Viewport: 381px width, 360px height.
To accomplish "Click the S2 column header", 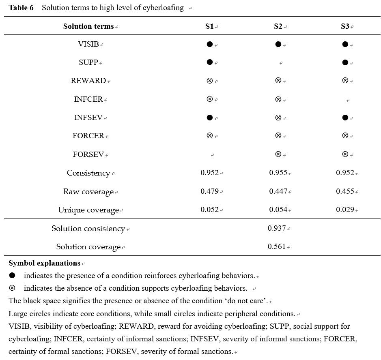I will tap(278, 26).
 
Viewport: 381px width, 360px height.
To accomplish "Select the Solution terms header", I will tap(88, 26).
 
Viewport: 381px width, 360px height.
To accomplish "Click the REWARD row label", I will tap(88, 80).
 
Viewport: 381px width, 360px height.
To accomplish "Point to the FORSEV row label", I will tap(88, 154).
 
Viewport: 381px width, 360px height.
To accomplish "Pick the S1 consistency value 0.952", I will tap(209, 173).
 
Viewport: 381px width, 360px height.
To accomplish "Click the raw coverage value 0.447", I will tap(278, 191).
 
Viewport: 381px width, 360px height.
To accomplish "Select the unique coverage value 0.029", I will tap(345, 210).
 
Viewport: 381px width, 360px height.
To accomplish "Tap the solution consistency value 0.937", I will tap(277, 228).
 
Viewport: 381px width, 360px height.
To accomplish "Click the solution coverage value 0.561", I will tap(277, 246).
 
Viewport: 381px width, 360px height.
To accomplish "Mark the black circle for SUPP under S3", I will tap(345, 62).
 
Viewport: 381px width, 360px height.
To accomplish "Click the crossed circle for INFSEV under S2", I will tap(278, 118).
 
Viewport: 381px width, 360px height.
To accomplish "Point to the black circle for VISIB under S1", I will tap(210, 44).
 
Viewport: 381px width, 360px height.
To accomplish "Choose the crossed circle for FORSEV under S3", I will tap(345, 154).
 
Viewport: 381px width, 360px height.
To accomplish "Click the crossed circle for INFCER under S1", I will tap(210, 99).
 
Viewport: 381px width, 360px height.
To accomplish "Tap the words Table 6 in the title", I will tap(21, 8).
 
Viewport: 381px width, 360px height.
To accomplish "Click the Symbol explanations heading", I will tap(44, 263).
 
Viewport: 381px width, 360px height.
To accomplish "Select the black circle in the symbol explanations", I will tap(12, 275).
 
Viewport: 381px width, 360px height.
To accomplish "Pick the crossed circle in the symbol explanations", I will tap(12, 288).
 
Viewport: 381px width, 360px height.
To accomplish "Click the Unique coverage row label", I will tap(88, 210).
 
